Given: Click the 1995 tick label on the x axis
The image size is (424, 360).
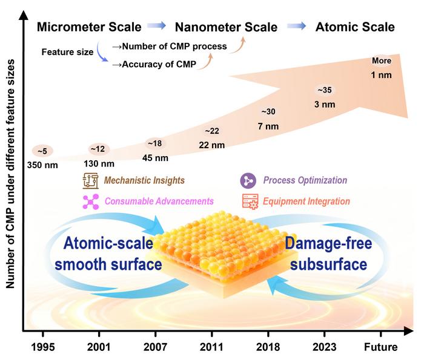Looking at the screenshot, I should coord(44,347).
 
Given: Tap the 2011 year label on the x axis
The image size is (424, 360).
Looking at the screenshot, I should coord(211,347).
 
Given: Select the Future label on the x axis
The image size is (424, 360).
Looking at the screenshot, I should coord(380,347).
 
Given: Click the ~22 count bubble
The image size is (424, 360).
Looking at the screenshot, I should coord(212,131).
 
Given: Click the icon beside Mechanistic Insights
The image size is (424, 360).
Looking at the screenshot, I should coord(90,180).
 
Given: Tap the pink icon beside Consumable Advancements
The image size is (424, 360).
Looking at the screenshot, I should coord(90,201).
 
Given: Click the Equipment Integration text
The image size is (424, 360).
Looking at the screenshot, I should coord(308,201).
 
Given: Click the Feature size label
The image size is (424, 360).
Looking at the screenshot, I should coord(67,53).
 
